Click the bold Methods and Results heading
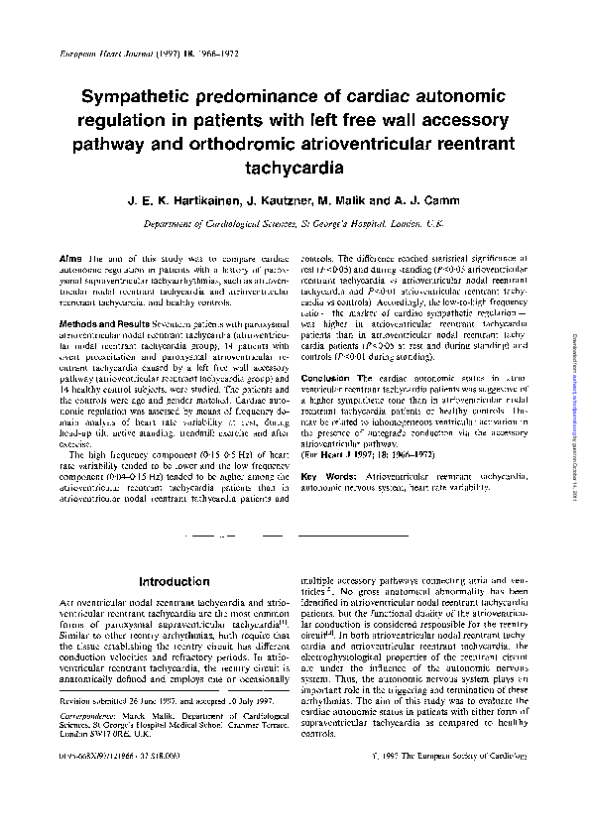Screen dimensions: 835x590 point(106,324)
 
